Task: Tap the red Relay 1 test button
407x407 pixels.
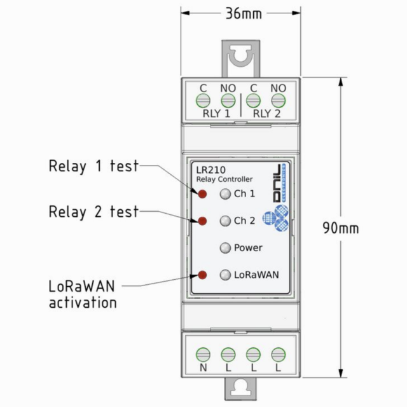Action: (203, 194)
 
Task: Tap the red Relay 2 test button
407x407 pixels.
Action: (203, 221)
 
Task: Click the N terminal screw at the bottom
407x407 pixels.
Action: (203, 354)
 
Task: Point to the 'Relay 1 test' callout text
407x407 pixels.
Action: (93, 167)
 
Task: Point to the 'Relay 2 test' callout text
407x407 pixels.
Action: (93, 212)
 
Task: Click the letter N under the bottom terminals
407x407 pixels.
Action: (203, 368)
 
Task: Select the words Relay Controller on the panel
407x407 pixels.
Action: (224, 179)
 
